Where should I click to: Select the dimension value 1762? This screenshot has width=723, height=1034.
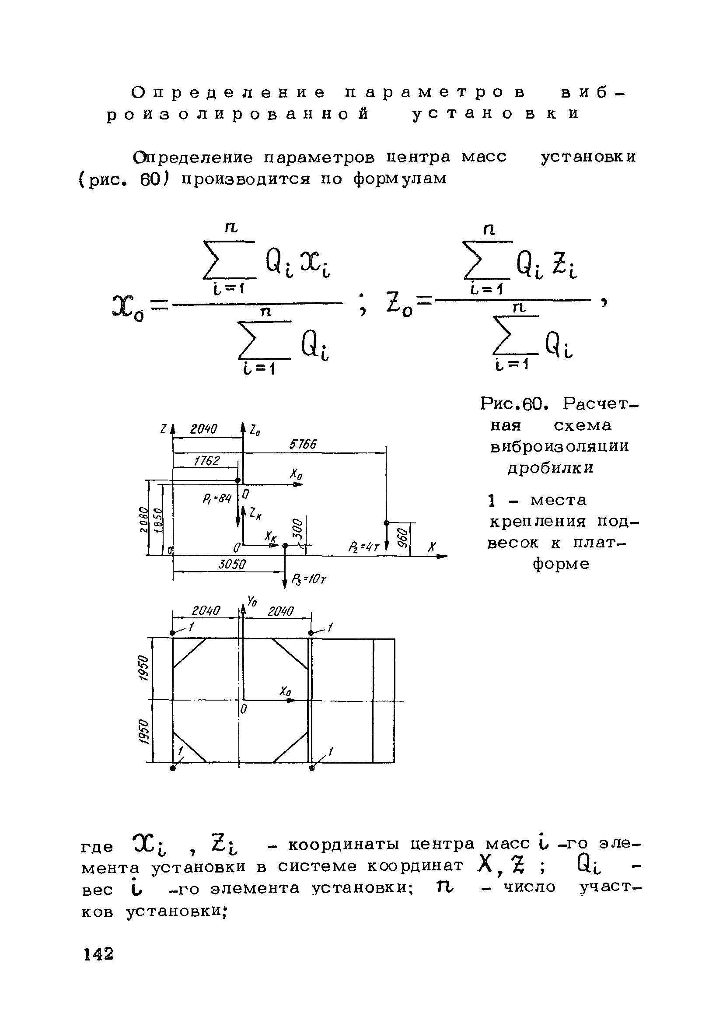click(206, 461)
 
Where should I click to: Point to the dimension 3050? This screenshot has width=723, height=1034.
click(232, 565)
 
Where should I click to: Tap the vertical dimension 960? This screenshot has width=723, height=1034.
click(404, 537)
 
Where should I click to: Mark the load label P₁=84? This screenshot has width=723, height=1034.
click(217, 498)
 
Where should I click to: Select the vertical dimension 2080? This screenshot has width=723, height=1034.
click(143, 519)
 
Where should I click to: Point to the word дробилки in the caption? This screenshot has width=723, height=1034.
click(551, 468)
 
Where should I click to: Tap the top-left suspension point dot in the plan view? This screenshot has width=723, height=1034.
click(172, 633)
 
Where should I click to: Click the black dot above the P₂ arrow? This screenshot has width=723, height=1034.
click(386, 522)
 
